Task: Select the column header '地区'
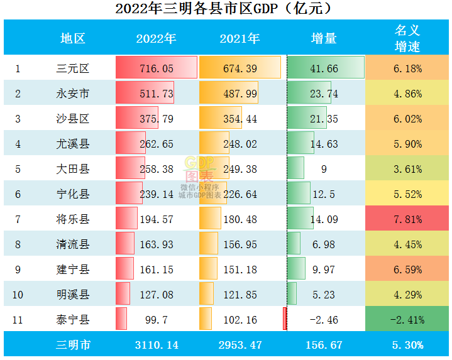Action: pyautogui.click(x=72, y=38)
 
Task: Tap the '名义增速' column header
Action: pyautogui.click(x=407, y=38)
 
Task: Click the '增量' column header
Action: pyautogui.click(x=324, y=38)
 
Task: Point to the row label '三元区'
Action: pyautogui.click(x=72, y=68)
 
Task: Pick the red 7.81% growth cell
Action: pyautogui.click(x=407, y=219)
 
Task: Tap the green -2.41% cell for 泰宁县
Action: pyautogui.click(x=407, y=320)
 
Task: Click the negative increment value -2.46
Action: pyautogui.click(x=324, y=320)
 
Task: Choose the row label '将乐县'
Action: pyautogui.click(x=72, y=219)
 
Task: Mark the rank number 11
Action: pyautogui.click(x=18, y=320)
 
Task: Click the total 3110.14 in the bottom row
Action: pyautogui.click(x=156, y=345)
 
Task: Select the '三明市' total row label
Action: pyautogui.click(x=72, y=345)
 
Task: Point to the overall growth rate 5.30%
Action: pyautogui.click(x=407, y=345)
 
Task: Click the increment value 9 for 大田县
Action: pyautogui.click(x=323, y=169)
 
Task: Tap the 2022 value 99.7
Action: pyautogui.click(x=156, y=320)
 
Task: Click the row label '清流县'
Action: pyautogui.click(x=72, y=244)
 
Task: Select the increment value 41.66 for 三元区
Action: pyautogui.click(x=324, y=68)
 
